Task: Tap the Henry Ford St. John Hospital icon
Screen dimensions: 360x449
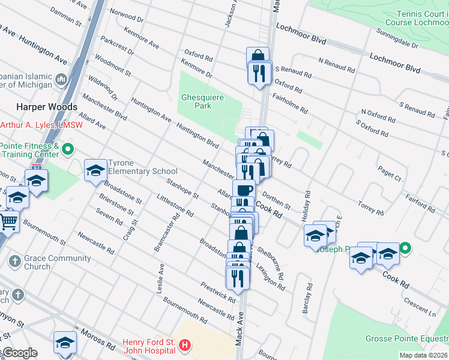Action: tap(185, 346)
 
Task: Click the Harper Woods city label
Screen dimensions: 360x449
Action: tap(47, 107)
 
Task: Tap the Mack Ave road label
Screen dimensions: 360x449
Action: tap(241, 323)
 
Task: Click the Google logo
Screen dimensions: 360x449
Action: tap(19, 353)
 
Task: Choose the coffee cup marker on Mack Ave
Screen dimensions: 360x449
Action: tap(244, 191)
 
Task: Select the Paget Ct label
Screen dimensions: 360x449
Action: tap(390, 175)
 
